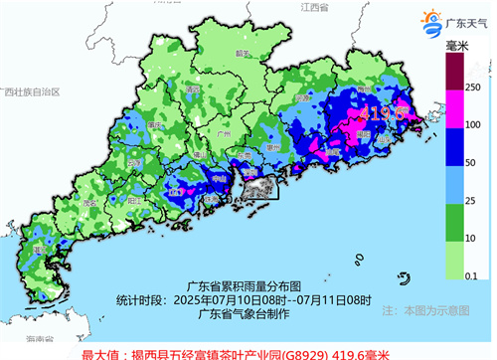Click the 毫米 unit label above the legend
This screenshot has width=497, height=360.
tap(458, 48)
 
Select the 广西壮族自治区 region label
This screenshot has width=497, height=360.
tap(31, 90)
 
